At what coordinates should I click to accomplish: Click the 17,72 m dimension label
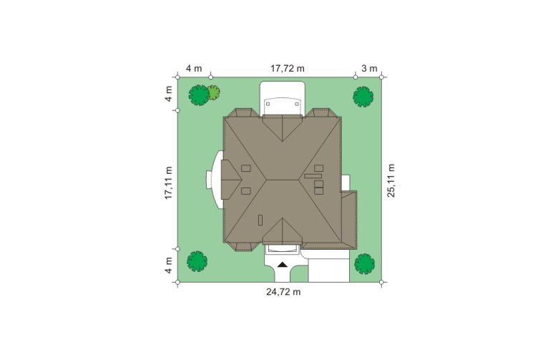click(x=288, y=69)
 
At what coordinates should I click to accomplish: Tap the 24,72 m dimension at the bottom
click(x=283, y=292)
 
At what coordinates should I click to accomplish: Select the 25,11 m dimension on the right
click(x=391, y=180)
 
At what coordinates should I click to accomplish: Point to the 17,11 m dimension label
click(x=168, y=183)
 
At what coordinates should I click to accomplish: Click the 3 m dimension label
click(x=369, y=69)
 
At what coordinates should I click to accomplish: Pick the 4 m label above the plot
click(x=194, y=69)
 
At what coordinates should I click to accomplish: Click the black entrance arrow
click(x=282, y=265)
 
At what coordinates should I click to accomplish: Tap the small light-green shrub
click(x=214, y=92)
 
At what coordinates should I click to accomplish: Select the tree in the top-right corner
click(x=363, y=97)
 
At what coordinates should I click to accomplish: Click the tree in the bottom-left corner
click(x=197, y=261)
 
